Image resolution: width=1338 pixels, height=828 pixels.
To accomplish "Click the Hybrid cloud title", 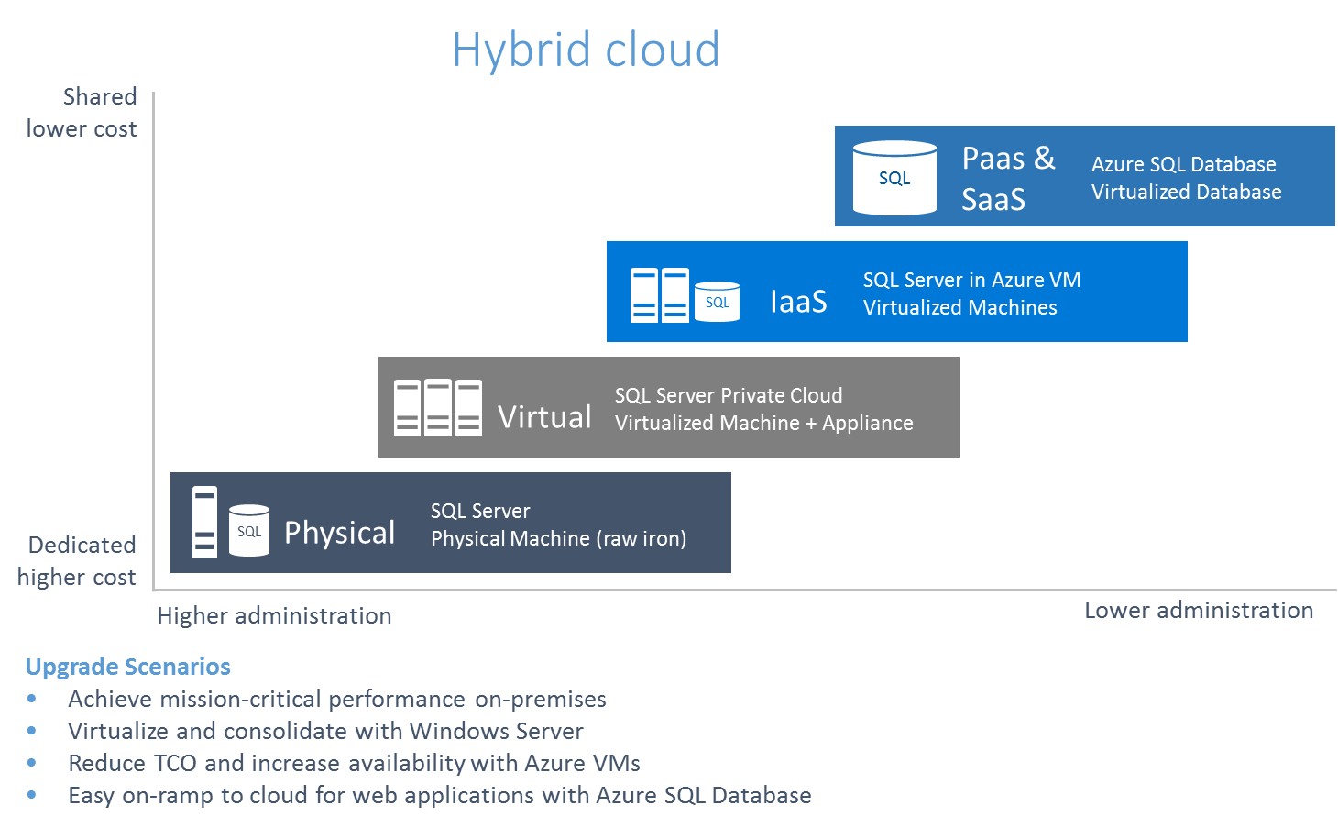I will [x=586, y=50].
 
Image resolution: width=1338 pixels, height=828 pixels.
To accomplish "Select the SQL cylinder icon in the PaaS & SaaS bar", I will [x=894, y=178].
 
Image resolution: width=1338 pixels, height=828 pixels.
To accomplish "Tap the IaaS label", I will [x=798, y=302].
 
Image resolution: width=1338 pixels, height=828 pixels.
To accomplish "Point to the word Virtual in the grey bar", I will [x=544, y=417].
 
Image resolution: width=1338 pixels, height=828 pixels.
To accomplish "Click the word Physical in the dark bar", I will [x=339, y=533].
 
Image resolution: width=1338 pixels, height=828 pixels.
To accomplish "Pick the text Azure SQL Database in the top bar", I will [x=1183, y=165].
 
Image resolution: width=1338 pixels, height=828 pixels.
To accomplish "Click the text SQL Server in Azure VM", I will [x=971, y=281].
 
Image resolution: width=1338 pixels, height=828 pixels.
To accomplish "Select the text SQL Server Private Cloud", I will [x=728, y=396].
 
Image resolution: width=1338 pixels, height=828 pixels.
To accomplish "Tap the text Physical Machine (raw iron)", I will [x=558, y=539].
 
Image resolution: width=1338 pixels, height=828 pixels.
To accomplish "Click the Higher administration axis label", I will [x=274, y=615].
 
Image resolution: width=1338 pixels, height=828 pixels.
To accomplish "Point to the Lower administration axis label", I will [x=1199, y=611].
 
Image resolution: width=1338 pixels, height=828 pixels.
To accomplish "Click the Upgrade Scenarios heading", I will [x=127, y=667].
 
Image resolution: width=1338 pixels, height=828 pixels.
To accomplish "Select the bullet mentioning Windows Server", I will [x=325, y=731].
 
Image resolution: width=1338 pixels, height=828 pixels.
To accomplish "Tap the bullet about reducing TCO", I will [x=354, y=763].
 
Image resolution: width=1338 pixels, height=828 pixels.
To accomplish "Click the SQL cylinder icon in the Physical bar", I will [x=249, y=531].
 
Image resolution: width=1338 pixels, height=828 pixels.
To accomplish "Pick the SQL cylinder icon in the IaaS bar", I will [x=717, y=302].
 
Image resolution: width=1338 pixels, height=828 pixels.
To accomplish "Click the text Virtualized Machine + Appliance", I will [x=763, y=424].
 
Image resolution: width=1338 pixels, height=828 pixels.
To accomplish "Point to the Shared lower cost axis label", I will [x=82, y=113].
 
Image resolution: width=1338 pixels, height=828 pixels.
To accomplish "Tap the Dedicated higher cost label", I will [x=77, y=560].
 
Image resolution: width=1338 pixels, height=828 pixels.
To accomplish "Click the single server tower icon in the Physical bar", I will [x=204, y=522].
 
